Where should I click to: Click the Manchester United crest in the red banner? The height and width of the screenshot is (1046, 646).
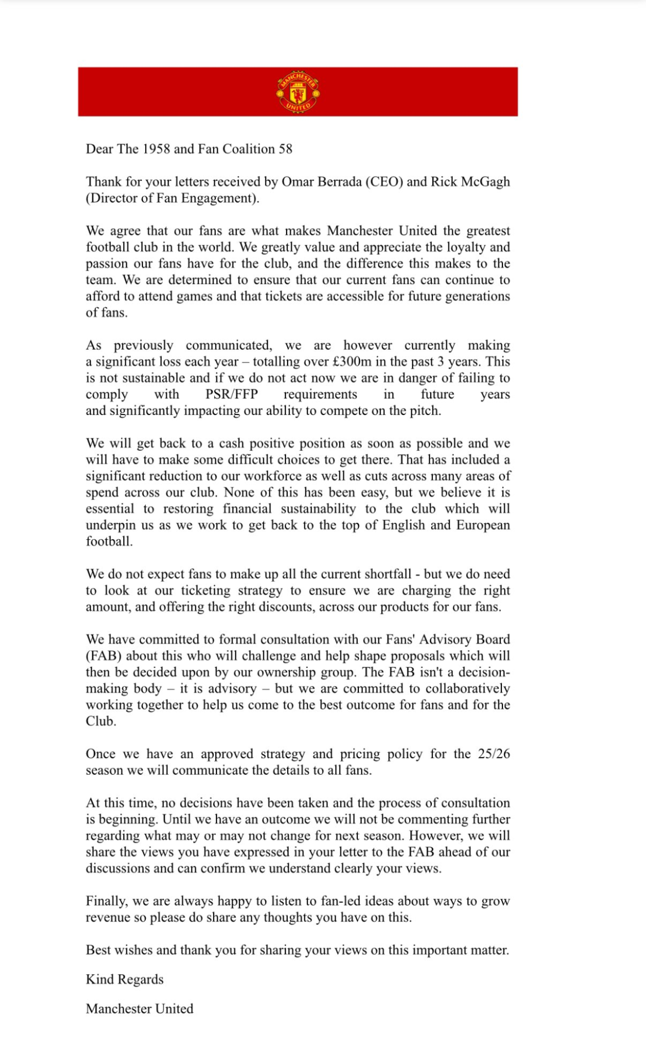pos(298,92)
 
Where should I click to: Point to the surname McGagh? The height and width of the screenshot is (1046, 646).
pos(485,182)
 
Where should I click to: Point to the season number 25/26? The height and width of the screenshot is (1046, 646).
pos(494,754)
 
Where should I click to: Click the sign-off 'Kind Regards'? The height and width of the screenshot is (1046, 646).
pos(124,980)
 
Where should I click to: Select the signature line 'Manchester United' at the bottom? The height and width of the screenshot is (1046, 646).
pos(139,1009)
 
